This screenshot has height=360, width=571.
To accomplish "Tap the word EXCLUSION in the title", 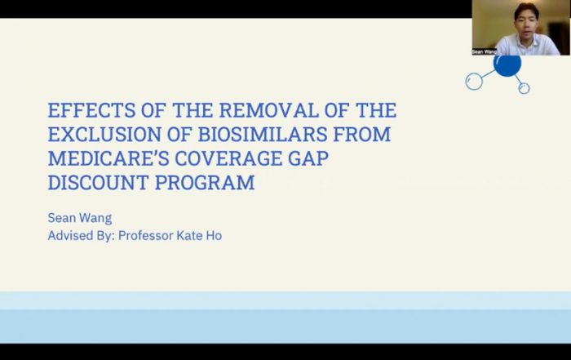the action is point(104,134).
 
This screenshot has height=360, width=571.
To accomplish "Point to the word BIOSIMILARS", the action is point(263,134).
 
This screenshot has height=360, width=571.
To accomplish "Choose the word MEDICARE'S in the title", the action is point(108,158).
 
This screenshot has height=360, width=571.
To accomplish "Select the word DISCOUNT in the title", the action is point(99,182).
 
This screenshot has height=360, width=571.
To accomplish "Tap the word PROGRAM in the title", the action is point(205,182).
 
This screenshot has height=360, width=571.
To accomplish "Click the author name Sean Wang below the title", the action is point(80,218).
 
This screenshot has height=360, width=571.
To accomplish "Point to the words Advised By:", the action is point(82,236).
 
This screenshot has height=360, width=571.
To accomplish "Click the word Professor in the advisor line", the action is point(146,236).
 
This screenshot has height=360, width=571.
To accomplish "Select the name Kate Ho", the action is point(199,235).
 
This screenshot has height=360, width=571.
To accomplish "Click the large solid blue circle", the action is point(507,65).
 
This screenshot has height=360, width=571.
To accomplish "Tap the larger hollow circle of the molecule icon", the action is point(467,82).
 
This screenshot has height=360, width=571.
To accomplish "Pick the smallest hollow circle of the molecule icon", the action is point(520,88).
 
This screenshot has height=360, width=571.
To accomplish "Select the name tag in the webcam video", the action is point(485,51).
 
